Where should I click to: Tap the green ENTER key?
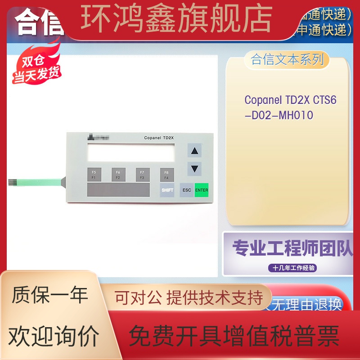coord(202,190)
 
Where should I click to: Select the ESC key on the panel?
coord(186,190)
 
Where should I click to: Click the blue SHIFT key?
coord(167,190)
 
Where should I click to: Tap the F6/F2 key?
coord(118,175)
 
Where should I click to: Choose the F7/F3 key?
coord(142,175)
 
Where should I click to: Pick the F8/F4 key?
coord(166,175)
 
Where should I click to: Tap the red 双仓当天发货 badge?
coord(36,70)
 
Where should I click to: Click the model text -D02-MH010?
coord(279,115)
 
